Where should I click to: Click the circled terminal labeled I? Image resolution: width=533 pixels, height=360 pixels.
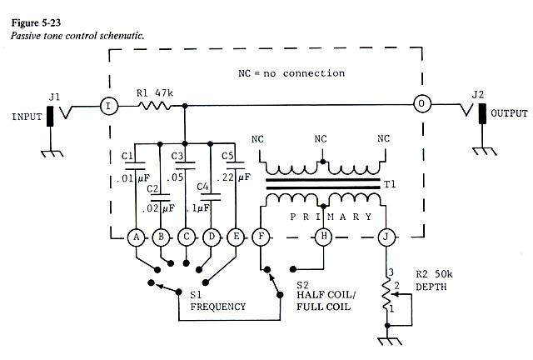click(x=109, y=106)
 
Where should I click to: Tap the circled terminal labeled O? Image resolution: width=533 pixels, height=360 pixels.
click(x=422, y=104)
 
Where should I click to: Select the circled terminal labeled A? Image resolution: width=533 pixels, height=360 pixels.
click(x=136, y=237)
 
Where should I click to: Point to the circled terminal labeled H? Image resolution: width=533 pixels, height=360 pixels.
click(x=324, y=237)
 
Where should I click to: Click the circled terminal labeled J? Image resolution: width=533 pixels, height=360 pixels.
click(x=386, y=237)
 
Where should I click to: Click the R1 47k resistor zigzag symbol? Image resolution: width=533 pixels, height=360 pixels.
click(x=154, y=106)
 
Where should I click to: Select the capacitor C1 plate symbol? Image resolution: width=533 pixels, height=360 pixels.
click(x=135, y=166)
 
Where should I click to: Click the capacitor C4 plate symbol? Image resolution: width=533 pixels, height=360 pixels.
click(x=211, y=197)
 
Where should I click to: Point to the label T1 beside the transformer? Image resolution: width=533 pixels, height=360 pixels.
click(x=390, y=184)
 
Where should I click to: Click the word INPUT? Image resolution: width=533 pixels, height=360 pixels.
click(x=27, y=117)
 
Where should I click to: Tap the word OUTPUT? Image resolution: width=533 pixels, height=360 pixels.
click(x=509, y=113)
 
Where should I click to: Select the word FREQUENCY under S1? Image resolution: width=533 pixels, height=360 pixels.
click(x=218, y=307)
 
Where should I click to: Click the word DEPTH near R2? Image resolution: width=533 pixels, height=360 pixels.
click(x=431, y=287)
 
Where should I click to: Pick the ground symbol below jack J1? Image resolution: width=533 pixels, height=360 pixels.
click(x=52, y=154)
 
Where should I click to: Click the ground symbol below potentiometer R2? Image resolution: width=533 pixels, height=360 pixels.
click(x=387, y=342)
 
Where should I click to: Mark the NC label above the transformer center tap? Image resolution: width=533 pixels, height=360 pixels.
click(x=321, y=139)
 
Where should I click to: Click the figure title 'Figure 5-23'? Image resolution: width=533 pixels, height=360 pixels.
click(x=36, y=22)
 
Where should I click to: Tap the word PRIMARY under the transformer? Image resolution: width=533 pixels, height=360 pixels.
click(x=331, y=217)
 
